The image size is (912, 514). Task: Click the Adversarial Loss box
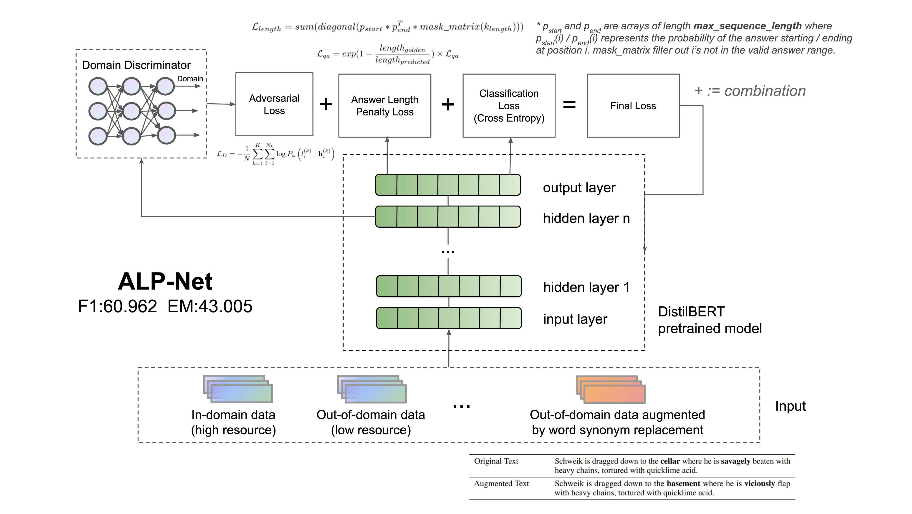[x=274, y=104]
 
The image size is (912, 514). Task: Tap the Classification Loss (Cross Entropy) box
[x=509, y=106]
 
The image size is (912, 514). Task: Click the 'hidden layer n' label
[x=586, y=218]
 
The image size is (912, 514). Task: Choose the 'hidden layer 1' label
[x=586, y=287]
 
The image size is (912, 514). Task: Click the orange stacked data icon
[x=611, y=390]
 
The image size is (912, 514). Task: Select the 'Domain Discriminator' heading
[x=136, y=65]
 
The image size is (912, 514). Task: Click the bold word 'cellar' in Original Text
[x=670, y=461]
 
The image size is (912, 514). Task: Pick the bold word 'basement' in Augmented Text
[x=683, y=483]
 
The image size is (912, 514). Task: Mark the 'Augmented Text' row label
[x=501, y=483]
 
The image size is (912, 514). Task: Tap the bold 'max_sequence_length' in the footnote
[x=747, y=26]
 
